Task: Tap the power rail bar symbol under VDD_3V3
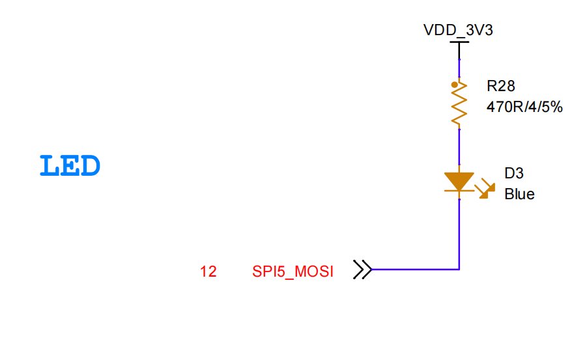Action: point(459,42)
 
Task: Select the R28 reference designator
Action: point(501,85)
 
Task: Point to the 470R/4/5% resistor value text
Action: point(524,107)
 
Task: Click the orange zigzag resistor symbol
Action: point(459,104)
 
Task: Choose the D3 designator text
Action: point(514,173)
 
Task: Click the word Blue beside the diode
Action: point(519,194)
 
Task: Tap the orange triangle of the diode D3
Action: point(459,180)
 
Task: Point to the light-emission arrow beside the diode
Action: point(483,190)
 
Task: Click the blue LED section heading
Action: point(70,167)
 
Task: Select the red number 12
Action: point(208,271)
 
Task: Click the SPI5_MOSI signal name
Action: point(293,271)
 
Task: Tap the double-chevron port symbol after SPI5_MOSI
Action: point(362,269)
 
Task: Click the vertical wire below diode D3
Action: point(459,228)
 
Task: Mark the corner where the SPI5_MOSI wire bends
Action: point(459,269)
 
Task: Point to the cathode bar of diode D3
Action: point(459,191)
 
